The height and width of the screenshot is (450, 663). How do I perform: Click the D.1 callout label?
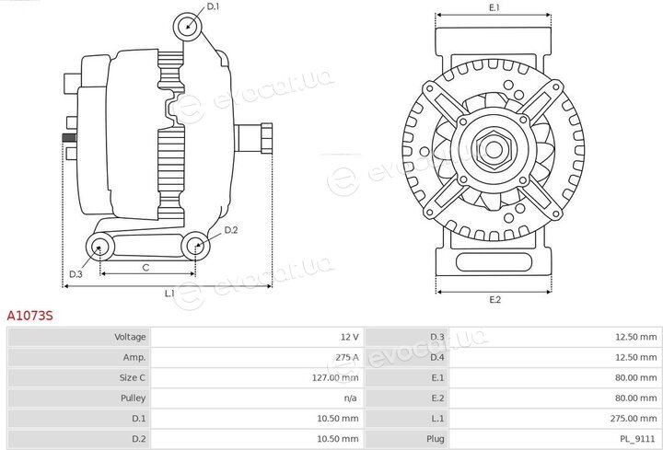coord(213,6)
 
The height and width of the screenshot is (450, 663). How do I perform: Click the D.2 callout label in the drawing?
coord(231,230)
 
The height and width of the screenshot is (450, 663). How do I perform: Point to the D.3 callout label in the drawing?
coord(76,274)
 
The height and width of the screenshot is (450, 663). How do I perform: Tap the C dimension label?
coord(145,268)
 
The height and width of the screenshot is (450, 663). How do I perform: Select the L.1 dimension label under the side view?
coord(169,293)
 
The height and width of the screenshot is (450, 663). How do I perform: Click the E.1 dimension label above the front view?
coord(494,7)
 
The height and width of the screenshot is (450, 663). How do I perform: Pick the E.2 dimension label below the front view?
coord(495,300)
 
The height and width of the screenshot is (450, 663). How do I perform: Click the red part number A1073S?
coord(30,316)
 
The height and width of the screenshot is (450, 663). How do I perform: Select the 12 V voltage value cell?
coord(350,337)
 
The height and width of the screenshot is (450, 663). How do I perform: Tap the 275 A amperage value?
coord(347,357)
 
